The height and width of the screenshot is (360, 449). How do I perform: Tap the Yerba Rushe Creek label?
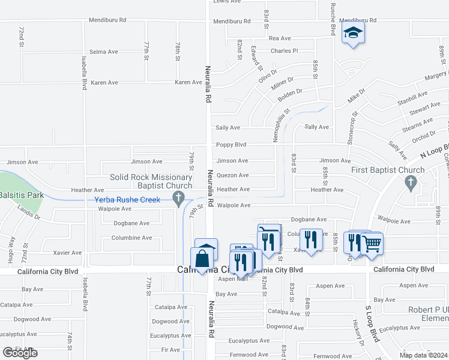[127, 200]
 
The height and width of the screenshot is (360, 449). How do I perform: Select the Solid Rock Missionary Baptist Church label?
[151, 181]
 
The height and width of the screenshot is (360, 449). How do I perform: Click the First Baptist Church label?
[388, 170]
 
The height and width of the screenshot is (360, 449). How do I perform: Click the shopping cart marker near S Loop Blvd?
[372, 244]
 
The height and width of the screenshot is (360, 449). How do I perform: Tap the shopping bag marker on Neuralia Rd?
[203, 259]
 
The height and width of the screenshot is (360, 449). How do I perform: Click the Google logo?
[20, 353]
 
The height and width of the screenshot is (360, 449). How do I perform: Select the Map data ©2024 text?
[423, 355]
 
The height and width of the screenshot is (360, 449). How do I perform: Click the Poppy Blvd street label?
[232, 145]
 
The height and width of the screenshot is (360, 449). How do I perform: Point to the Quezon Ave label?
[232, 175]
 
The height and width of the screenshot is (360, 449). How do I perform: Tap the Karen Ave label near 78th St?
[188, 82]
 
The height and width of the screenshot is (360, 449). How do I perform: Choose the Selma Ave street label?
[104, 52]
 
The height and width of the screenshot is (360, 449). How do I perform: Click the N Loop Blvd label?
[433, 150]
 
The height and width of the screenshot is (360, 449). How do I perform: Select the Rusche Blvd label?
[332, 18]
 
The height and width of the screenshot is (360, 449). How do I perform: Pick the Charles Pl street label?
[284, 51]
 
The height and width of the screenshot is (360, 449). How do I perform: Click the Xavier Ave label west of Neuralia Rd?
[67, 253]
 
